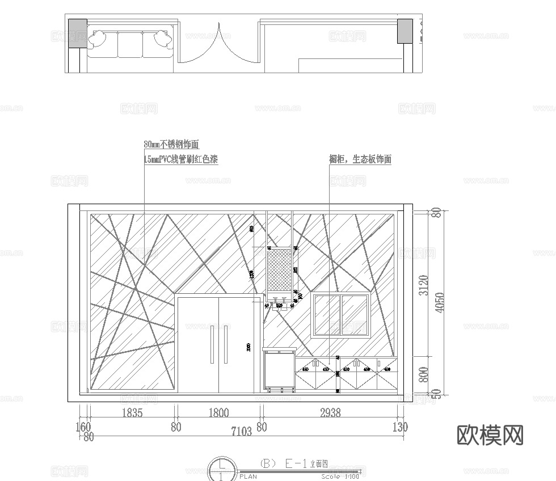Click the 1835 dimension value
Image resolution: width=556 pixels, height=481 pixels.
pyautogui.click(x=132, y=414)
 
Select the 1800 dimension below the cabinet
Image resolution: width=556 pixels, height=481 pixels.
pyautogui.click(x=218, y=414)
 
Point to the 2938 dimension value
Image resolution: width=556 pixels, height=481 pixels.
pyautogui.click(x=330, y=414)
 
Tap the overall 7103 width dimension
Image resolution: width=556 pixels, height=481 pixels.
pyautogui.click(x=241, y=432)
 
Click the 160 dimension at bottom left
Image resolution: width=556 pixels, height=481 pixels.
pyautogui.click(x=83, y=427)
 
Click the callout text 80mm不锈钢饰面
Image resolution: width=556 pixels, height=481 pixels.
pyautogui.click(x=172, y=144)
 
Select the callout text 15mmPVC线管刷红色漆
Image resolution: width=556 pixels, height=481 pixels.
pyautogui.click(x=181, y=159)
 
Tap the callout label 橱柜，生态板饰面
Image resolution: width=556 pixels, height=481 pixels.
pyautogui.click(x=360, y=159)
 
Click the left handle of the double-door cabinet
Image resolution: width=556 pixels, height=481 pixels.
pyautogui.click(x=211, y=344)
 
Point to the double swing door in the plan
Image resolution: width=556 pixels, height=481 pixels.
pyautogui.click(x=219, y=44)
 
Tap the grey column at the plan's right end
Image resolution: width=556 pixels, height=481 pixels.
pyautogui.click(x=405, y=31)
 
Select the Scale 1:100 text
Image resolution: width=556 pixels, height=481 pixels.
pyautogui.click(x=340, y=476)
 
